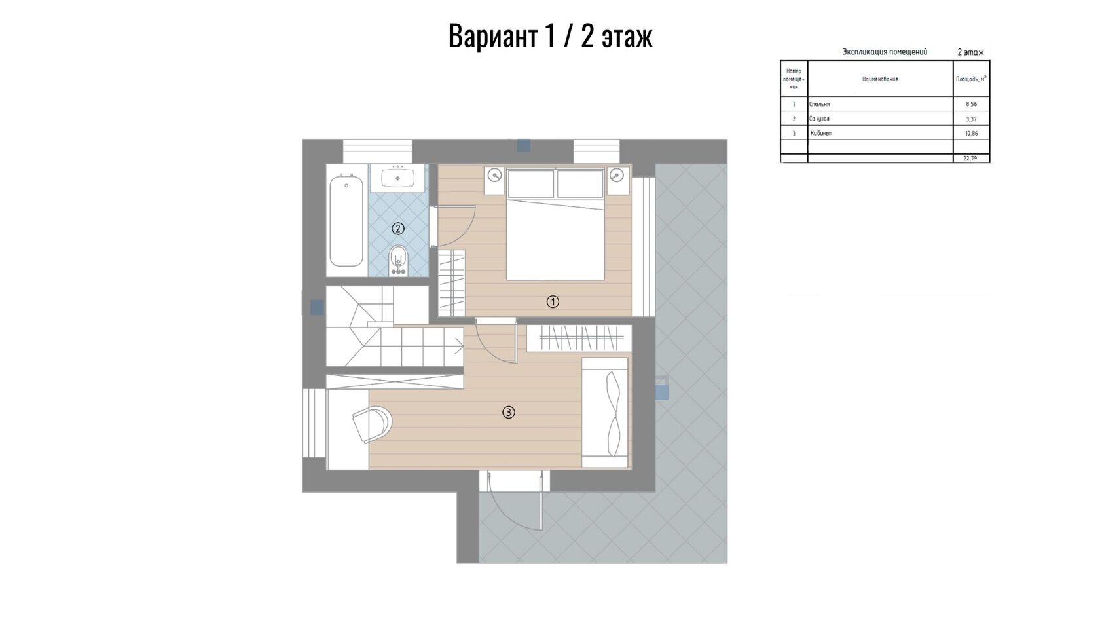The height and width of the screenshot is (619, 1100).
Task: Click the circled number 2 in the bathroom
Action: pyautogui.click(x=398, y=229)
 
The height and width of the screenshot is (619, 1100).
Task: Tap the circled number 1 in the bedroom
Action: pyautogui.click(x=553, y=301)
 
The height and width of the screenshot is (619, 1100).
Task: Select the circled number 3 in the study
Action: pyautogui.click(x=508, y=412)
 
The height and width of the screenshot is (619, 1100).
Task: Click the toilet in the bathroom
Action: pyautogui.click(x=398, y=261)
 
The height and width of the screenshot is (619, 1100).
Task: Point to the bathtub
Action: pyautogui.click(x=346, y=221)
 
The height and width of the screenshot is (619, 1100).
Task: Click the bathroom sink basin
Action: pyautogui.click(x=398, y=178)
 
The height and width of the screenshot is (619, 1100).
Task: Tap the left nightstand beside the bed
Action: pyautogui.click(x=494, y=180)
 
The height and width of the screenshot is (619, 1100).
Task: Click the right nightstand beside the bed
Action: pyautogui.click(x=617, y=180)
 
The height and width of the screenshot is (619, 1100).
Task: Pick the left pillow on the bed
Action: pyautogui.click(x=531, y=183)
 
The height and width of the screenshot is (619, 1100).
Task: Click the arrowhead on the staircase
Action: pyautogui.click(x=460, y=347)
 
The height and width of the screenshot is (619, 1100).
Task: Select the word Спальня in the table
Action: pyautogui.click(x=820, y=104)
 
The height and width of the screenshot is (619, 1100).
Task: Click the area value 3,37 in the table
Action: pyautogui.click(x=971, y=119)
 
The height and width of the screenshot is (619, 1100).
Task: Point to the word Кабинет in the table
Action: pyautogui.click(x=822, y=133)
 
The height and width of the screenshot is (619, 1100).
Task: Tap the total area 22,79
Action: pyautogui.click(x=970, y=159)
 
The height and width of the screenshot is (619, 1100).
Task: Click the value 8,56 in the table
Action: pyautogui.click(x=971, y=104)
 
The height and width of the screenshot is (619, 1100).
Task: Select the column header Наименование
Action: pyautogui.click(x=880, y=79)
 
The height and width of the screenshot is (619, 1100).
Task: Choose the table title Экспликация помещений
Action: pyautogui.click(x=885, y=52)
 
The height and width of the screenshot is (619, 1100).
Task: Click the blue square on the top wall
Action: pyautogui.click(x=524, y=145)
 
